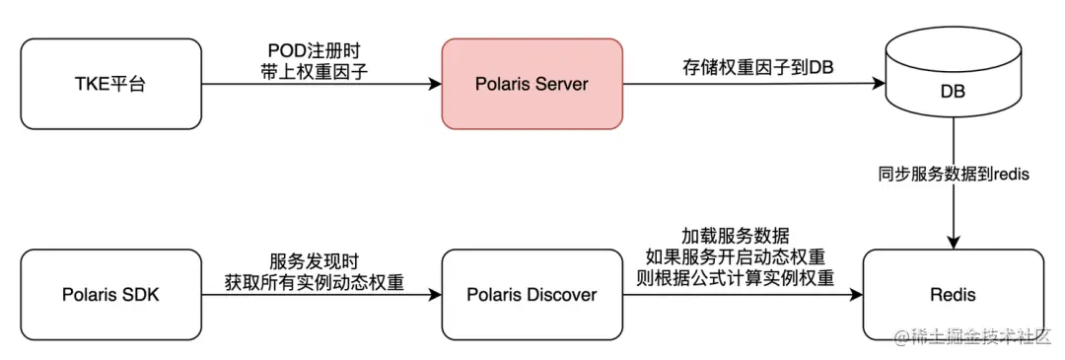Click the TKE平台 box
click(109, 84)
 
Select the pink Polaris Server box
click(532, 84)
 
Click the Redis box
click(953, 294)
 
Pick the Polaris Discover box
click(532, 294)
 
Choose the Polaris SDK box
click(109, 294)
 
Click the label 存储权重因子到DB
click(745, 68)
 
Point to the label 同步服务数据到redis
click(953, 175)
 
